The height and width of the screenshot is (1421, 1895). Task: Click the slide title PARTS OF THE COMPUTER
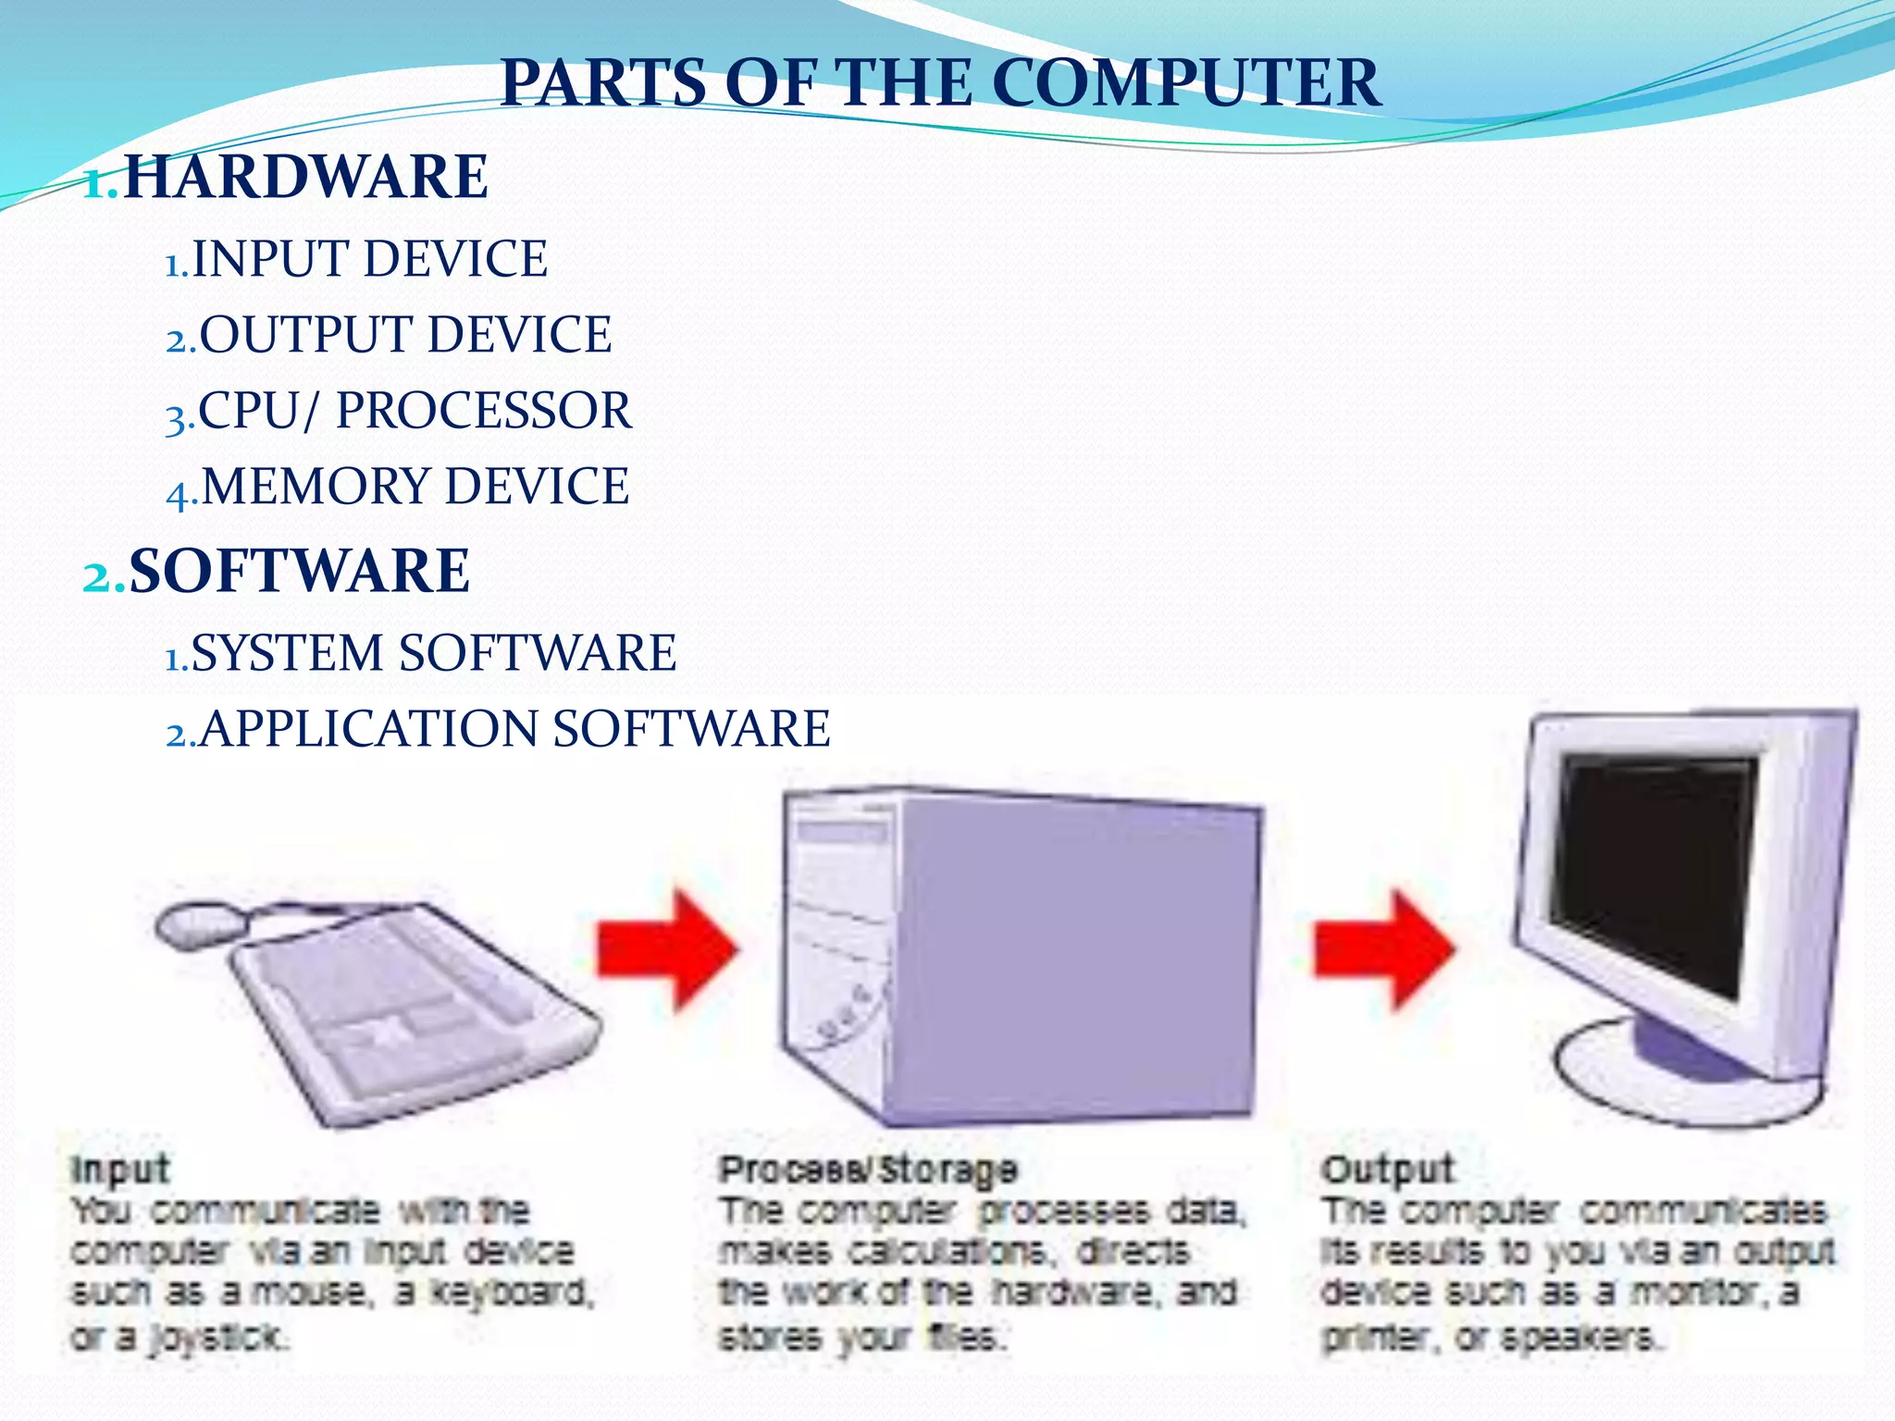click(x=940, y=83)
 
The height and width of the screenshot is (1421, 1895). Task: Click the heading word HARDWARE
click(x=305, y=177)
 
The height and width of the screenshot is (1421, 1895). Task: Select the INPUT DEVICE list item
click(x=368, y=258)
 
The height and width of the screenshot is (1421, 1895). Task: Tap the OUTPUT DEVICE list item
click(x=405, y=334)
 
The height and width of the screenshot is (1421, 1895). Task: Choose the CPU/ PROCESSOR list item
click(x=415, y=410)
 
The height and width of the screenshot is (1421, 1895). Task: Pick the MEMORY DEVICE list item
click(x=415, y=486)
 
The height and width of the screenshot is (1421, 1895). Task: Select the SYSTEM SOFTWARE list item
click(x=433, y=653)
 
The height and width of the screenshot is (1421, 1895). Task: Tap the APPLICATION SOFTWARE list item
click(x=514, y=728)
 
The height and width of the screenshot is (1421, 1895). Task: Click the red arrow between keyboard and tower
click(x=666, y=948)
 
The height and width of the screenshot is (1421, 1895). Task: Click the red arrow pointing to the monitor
click(x=1383, y=948)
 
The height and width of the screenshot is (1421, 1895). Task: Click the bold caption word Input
click(x=120, y=1169)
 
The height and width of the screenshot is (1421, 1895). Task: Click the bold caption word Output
click(x=1388, y=1169)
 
